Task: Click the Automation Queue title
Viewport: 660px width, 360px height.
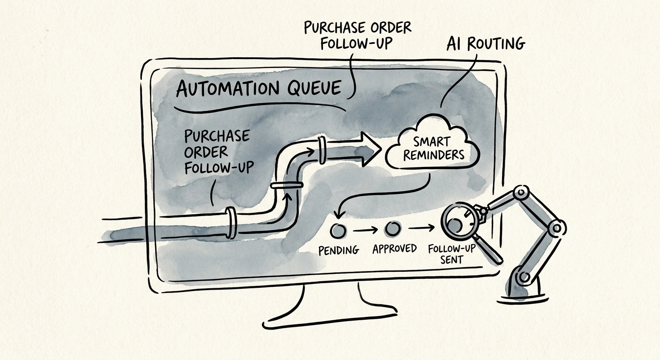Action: (x=259, y=88)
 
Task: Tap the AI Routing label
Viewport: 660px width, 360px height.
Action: (x=486, y=44)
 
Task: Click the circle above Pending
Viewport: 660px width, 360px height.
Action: (x=338, y=230)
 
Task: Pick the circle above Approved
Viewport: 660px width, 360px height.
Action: (x=393, y=229)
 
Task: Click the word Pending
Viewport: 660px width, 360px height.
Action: (x=339, y=250)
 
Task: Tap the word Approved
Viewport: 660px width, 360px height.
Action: (x=395, y=248)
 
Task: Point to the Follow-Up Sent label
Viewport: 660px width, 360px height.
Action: (x=452, y=254)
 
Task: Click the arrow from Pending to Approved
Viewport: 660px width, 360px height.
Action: (x=365, y=230)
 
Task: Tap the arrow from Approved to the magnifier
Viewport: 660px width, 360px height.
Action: (x=421, y=228)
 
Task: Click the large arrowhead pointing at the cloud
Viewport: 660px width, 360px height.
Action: (x=369, y=150)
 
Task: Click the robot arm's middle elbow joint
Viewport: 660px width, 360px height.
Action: (x=556, y=228)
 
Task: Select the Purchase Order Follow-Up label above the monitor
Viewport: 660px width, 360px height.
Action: (x=357, y=35)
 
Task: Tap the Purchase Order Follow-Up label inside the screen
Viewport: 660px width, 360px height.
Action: (x=218, y=152)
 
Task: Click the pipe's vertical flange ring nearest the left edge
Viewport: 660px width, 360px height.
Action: (x=231, y=223)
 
